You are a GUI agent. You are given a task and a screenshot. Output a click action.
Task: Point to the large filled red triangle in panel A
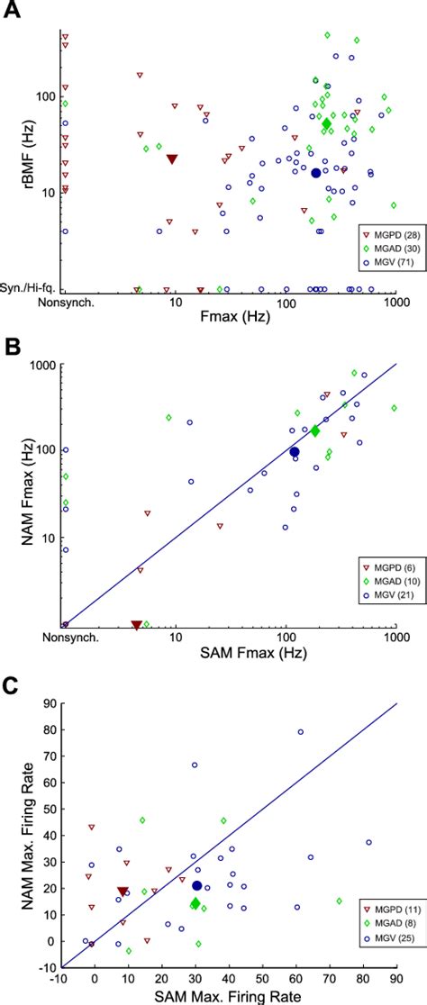point(172,159)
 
